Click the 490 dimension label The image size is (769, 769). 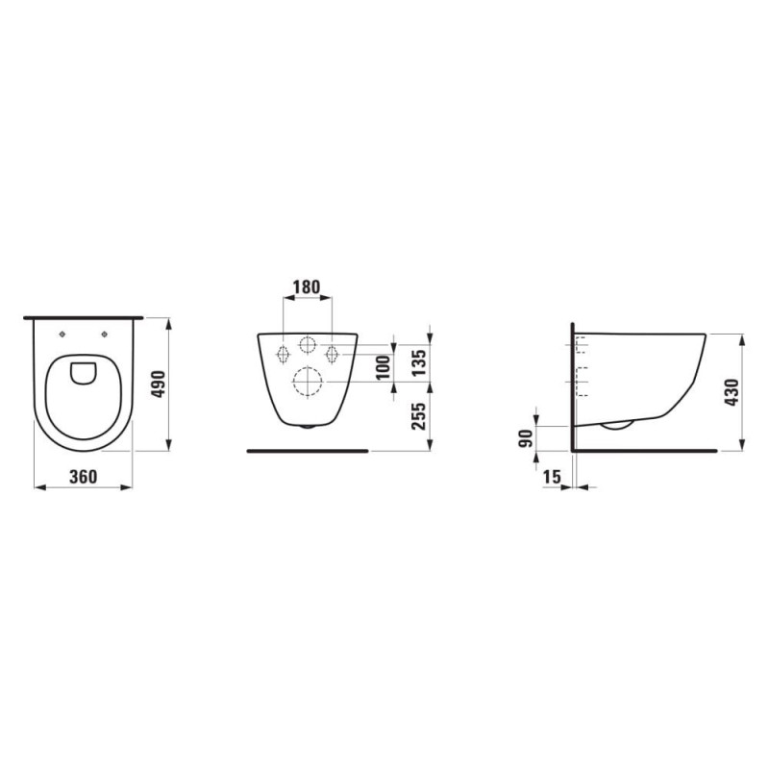pos(160,384)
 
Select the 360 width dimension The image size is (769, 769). pos(84,476)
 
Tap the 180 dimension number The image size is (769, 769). pos(307,286)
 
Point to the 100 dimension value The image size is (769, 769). pos(383,367)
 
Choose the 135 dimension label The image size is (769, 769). pos(418,363)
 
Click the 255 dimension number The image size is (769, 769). pos(418,416)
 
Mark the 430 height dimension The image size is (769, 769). pos(732,392)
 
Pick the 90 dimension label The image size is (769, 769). pos(525,437)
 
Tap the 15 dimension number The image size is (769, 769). pos(552,476)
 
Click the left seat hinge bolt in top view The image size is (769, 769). pos(62,334)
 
